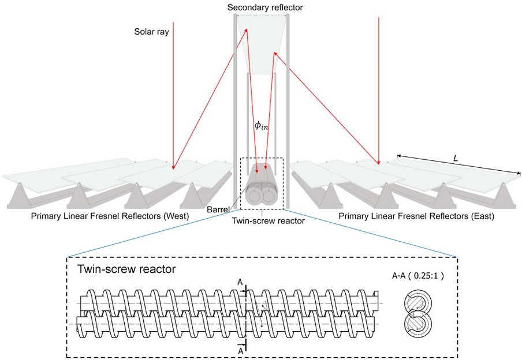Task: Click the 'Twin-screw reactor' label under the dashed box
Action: pos(260,220)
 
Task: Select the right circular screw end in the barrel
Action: pos(269,196)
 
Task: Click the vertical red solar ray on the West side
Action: pos(172,92)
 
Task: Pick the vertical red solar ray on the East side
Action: pos(379,87)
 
